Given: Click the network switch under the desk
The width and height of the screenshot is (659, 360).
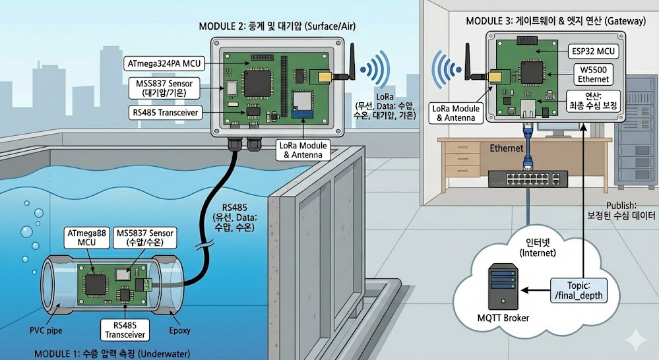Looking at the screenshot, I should [528, 177].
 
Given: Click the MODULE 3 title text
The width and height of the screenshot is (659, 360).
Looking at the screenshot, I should [555, 21].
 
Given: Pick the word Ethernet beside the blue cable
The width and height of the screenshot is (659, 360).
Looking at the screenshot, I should [506, 149].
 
